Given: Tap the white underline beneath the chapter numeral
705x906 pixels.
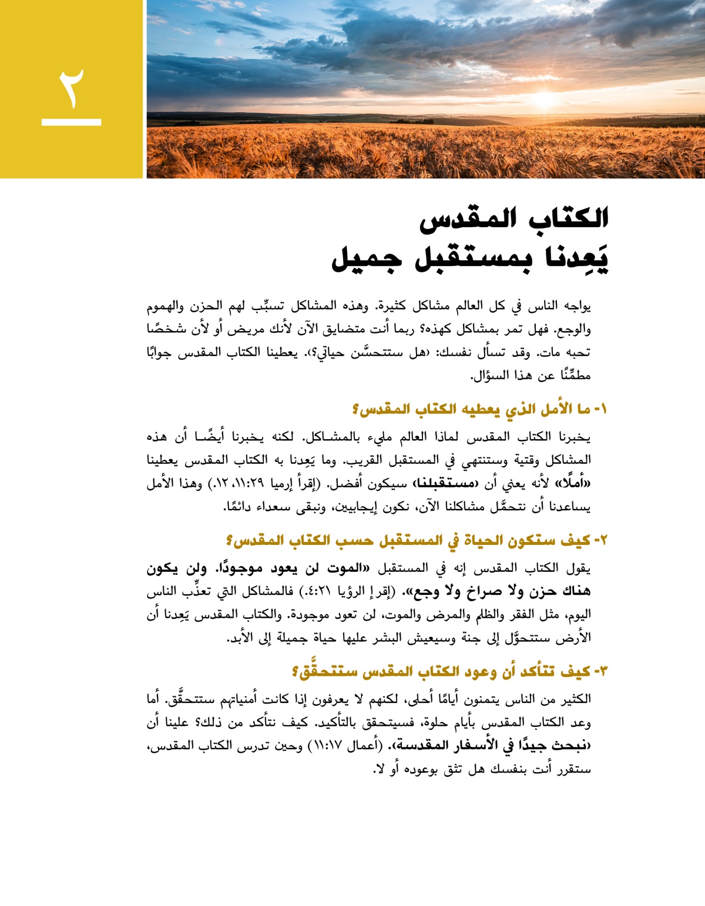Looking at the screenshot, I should coord(71,122).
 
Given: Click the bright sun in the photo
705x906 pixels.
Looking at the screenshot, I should coord(543,99).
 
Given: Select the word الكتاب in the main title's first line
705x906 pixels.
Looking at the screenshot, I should coord(568,218).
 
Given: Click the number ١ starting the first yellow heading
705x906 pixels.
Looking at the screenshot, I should coord(603,409).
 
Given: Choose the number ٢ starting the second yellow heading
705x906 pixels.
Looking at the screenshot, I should coord(603,540).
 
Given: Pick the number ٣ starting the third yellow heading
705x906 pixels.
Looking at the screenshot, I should coord(603,671).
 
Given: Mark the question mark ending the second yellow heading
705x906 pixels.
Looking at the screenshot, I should coord(230,540).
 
